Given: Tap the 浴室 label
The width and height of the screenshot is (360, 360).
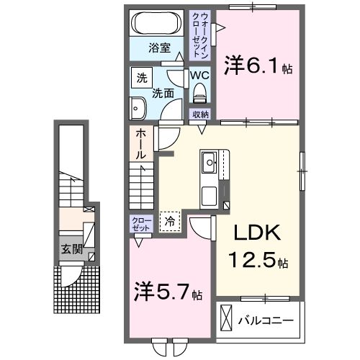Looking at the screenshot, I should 159,48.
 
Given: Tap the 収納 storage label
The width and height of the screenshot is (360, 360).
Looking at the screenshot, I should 199,114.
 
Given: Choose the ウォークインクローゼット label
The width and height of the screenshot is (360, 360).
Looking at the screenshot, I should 199,33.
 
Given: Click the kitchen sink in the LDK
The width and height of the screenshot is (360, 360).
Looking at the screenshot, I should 210,162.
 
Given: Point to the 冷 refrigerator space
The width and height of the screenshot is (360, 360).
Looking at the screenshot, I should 170,221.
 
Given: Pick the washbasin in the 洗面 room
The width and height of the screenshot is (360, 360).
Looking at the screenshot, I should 138,109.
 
